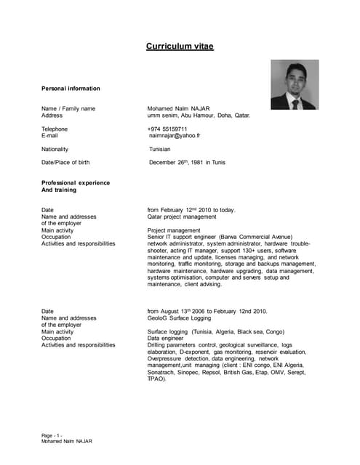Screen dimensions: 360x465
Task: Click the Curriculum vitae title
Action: (180, 46)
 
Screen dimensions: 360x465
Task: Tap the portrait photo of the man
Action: (295, 84)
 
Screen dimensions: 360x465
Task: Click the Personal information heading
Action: (71, 89)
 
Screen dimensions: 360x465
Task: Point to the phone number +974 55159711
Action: (167, 129)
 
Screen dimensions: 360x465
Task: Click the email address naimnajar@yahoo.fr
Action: (175, 135)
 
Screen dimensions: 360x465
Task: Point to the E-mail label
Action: (49, 135)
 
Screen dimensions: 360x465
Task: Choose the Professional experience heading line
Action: (76, 182)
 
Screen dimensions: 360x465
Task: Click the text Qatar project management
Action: (182, 217)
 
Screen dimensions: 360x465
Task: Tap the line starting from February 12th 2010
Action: (191, 210)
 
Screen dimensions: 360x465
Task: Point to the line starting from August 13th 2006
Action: (207, 311)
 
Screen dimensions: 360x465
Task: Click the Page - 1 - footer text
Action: (57, 435)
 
